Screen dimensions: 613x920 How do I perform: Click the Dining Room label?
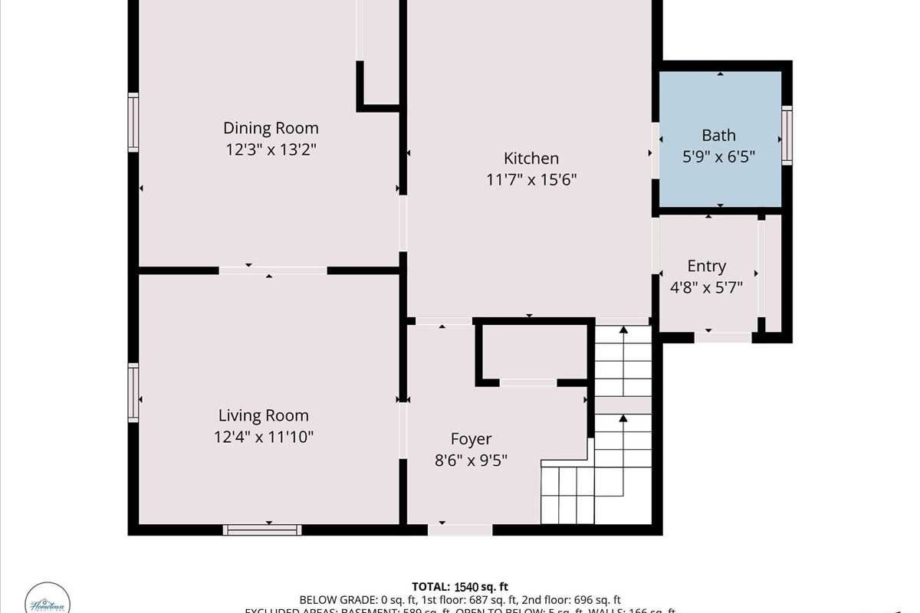click(x=271, y=128)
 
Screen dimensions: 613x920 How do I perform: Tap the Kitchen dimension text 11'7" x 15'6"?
click(x=531, y=180)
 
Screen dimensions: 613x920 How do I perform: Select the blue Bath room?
click(x=719, y=138)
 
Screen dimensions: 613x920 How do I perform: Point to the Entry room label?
click(x=706, y=266)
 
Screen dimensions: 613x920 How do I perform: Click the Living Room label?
click(x=264, y=415)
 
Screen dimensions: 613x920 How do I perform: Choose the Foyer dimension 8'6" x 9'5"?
click(x=471, y=461)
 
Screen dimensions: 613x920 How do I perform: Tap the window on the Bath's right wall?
click(x=787, y=136)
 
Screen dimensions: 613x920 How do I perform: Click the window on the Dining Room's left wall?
click(x=133, y=123)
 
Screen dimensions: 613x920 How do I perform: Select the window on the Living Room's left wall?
click(x=133, y=393)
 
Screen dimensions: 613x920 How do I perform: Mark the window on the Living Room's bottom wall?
click(x=262, y=529)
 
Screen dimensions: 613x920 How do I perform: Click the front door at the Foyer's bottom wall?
click(x=460, y=529)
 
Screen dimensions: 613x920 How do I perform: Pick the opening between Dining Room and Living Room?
click(x=272, y=270)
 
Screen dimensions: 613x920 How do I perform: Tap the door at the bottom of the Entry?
click(x=723, y=336)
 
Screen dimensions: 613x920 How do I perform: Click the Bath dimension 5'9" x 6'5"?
click(x=719, y=157)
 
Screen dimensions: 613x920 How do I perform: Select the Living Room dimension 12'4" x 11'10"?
click(x=264, y=437)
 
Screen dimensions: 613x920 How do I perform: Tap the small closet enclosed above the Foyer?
click(x=534, y=352)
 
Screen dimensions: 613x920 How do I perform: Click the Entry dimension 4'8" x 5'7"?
click(x=706, y=287)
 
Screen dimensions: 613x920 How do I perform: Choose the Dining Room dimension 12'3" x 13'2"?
click(x=271, y=149)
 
